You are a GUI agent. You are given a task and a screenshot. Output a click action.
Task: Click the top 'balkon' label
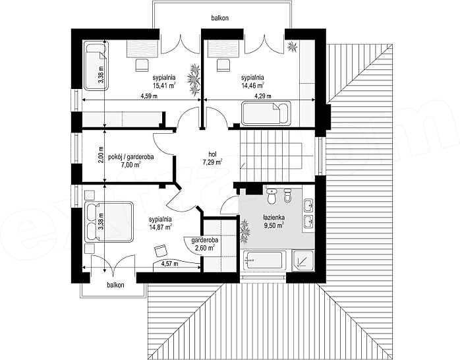coord(219,18)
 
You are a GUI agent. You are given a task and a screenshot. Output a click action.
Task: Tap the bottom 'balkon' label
coord(115,285)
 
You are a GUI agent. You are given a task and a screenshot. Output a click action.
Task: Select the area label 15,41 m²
coord(164,85)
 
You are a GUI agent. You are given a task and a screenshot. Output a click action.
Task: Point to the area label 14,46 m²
coord(252,85)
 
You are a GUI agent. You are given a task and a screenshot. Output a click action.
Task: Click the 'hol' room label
coord(212,154)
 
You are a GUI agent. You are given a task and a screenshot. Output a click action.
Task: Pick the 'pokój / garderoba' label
coord(131,157)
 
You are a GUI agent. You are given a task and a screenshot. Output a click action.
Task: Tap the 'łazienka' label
coord(273,218)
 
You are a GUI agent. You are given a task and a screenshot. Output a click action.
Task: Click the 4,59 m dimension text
coord(149,96)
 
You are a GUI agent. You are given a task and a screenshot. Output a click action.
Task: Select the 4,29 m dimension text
coord(262,96)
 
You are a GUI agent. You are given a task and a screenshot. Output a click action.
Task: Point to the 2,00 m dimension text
coord(101,156)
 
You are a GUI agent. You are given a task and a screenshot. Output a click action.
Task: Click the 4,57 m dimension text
coord(169,264)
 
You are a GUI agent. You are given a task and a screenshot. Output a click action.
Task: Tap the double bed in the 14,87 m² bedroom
coord(109,222)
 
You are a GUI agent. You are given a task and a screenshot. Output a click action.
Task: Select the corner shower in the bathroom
coord(303,260)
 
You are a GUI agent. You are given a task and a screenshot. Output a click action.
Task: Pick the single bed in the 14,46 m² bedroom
coord(266,113)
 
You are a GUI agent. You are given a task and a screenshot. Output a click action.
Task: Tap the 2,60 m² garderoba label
coord(204,244)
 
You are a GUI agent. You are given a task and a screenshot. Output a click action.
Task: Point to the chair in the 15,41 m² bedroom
coord(142,65)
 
